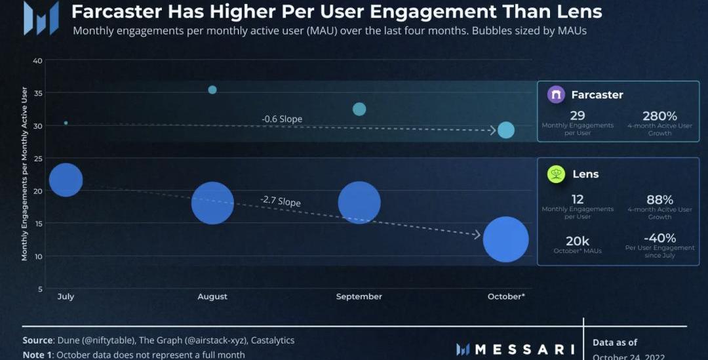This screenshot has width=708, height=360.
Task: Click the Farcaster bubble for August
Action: pos(212,90)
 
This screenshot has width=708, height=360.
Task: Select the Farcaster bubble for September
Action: pos(359,109)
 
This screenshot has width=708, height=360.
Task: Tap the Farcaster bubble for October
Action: pos(506,130)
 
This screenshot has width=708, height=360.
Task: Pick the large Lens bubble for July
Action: pos(66,180)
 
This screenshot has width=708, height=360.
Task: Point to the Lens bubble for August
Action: pos(212,203)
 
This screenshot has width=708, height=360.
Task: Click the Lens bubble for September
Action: pos(359,203)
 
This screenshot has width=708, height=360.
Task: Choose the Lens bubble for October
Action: pos(506,239)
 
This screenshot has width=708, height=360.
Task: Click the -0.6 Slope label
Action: pos(282,119)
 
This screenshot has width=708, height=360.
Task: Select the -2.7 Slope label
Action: pos(280,201)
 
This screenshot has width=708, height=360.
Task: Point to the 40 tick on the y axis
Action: pos(37,61)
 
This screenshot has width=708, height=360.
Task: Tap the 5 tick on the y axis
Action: pos(40,289)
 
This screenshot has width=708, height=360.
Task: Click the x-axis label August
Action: pos(212,297)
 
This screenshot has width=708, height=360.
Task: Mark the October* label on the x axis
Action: pos(506,297)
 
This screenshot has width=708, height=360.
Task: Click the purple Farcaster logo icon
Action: pos(556,94)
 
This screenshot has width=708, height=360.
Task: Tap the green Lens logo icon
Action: pos(556,174)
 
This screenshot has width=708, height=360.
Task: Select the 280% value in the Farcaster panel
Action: pos(659,116)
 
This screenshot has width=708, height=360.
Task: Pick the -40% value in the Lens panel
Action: pos(659,238)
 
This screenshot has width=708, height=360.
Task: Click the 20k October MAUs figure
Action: pos(578,241)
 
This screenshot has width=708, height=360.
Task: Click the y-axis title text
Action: pos(25,174)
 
